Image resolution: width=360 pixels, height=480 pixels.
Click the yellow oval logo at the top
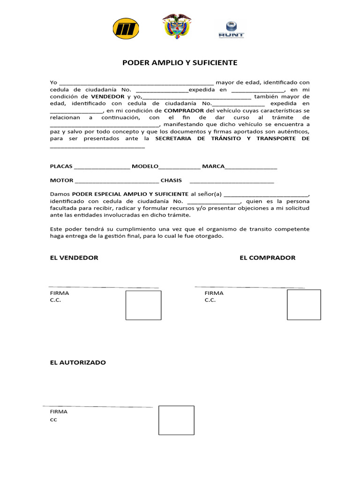(126, 29)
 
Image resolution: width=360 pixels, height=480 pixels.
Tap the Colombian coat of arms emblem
(177, 26)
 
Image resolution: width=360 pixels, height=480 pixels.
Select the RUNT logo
(231, 29)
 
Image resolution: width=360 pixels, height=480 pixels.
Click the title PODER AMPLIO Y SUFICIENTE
(180, 62)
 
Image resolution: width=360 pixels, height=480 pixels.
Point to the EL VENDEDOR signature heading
(74, 258)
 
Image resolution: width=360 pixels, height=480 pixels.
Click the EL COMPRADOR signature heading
(267, 258)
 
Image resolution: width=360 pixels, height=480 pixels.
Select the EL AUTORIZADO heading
(78, 362)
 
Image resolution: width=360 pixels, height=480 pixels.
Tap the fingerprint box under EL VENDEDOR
(143, 305)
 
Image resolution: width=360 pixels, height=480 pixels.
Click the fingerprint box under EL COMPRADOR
(304, 305)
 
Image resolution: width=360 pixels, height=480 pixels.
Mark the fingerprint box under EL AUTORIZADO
(176, 420)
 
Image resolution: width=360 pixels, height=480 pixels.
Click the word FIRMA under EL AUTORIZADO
(59, 412)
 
